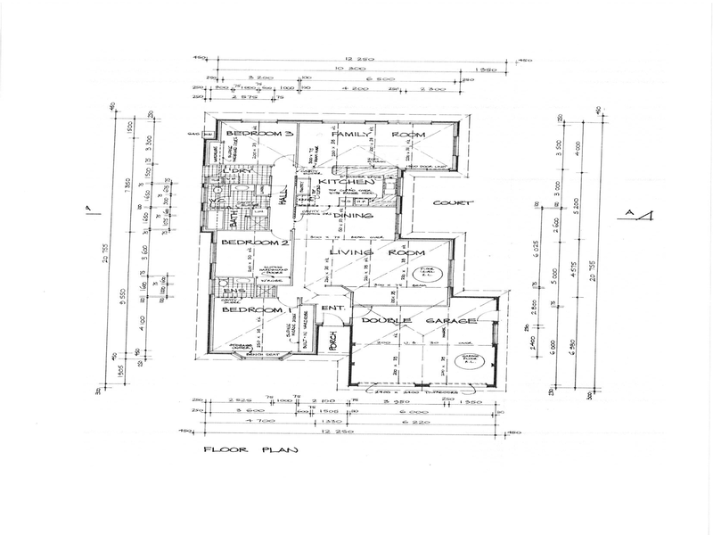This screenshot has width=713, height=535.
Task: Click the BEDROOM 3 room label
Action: click(258, 133)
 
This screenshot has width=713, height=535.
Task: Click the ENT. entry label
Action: click(332, 309)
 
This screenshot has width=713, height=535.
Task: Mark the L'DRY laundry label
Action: click(232, 170)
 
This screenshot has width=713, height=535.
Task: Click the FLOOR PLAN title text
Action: click(250, 450)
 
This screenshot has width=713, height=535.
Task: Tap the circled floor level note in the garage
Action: click(471, 360)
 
